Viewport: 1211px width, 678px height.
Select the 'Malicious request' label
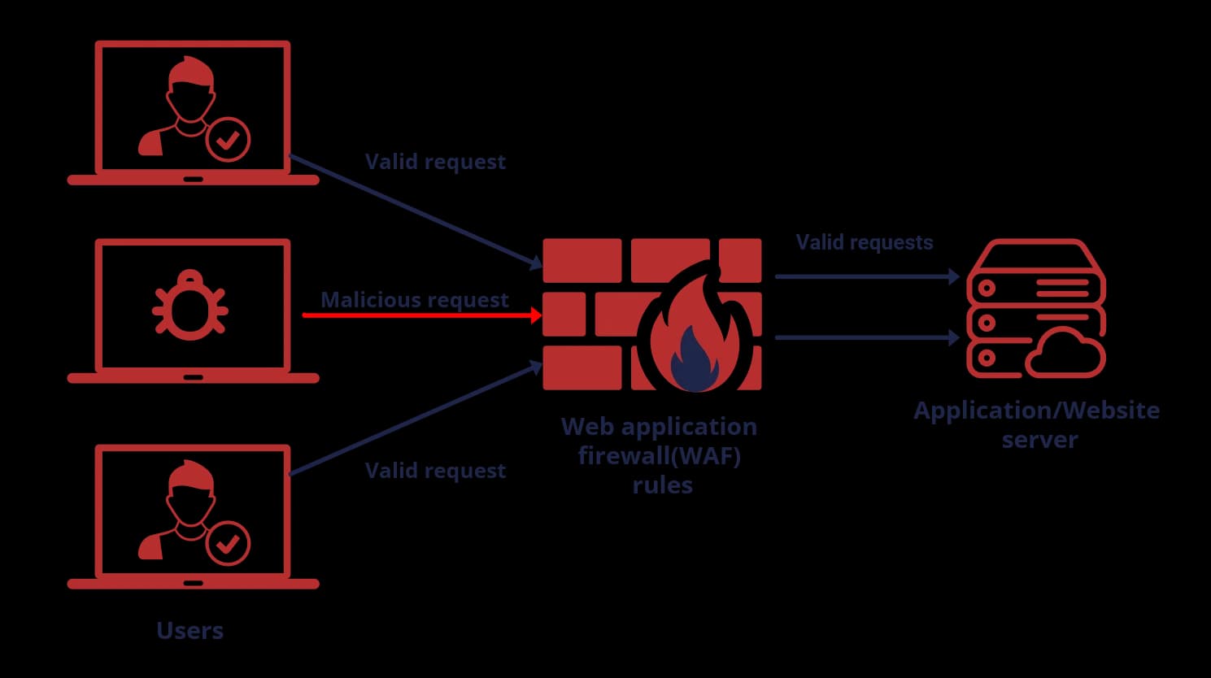pyautogui.click(x=414, y=300)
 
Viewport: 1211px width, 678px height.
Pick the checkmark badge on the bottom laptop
pyautogui.click(x=228, y=542)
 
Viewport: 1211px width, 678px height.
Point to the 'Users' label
pyautogui.click(x=189, y=630)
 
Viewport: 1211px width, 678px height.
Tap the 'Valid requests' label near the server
pyautogui.click(x=864, y=242)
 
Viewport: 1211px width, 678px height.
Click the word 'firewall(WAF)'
pyautogui.click(x=659, y=455)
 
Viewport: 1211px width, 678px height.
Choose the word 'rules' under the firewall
pyautogui.click(x=662, y=485)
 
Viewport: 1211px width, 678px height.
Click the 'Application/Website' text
pyautogui.click(x=1036, y=410)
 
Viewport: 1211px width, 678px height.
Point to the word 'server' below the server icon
pyautogui.click(x=1039, y=440)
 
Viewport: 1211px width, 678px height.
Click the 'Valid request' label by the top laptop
pyautogui.click(x=435, y=162)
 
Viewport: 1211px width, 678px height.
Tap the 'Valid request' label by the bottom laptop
pyautogui.click(x=435, y=471)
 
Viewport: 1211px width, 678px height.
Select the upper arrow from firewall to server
pyautogui.click(x=866, y=276)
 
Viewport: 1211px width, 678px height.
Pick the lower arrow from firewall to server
pyautogui.click(x=866, y=337)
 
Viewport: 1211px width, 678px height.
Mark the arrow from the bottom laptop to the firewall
pyautogui.click(x=415, y=419)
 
